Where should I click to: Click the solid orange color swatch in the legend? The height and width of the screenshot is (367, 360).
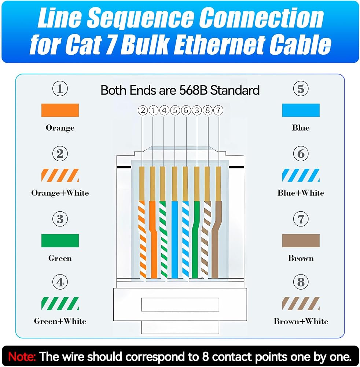60,110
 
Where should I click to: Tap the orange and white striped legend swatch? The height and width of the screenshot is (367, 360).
60,175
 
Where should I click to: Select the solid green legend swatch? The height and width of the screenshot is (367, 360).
60,241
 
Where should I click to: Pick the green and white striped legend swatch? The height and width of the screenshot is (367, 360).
60,304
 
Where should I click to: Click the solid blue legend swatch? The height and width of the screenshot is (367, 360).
301,110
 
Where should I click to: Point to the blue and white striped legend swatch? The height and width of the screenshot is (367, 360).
301,175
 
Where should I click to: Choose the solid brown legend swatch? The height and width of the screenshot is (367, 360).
301,241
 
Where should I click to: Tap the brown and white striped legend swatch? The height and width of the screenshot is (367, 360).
301,304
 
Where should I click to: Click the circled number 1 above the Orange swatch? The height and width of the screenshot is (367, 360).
60,89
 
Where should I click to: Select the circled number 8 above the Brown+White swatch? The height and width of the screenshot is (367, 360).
301,282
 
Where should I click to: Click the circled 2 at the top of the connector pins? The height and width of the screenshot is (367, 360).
143,110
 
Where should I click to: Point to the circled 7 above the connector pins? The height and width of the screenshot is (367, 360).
218,110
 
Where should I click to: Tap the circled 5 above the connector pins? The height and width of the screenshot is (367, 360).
175,110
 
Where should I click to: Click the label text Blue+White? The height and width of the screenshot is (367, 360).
301,193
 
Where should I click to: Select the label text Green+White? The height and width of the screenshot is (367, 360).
60,321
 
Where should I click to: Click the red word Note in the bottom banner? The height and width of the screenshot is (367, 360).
22,356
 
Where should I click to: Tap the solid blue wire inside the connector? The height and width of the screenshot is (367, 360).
175,239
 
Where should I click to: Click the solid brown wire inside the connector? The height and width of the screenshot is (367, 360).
216,239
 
